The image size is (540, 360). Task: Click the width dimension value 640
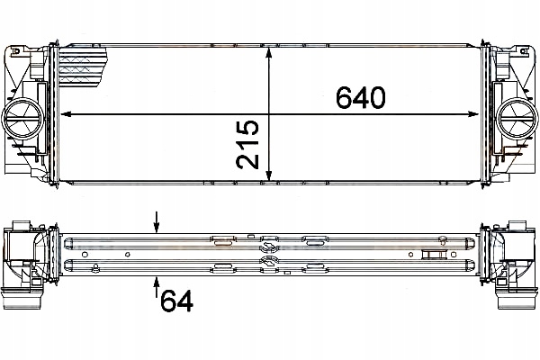(x=360, y=96)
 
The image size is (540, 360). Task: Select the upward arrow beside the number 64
(x=157, y=285)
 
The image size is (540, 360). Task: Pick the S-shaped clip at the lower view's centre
(x=267, y=254)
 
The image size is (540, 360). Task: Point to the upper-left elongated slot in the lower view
(x=223, y=240)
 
